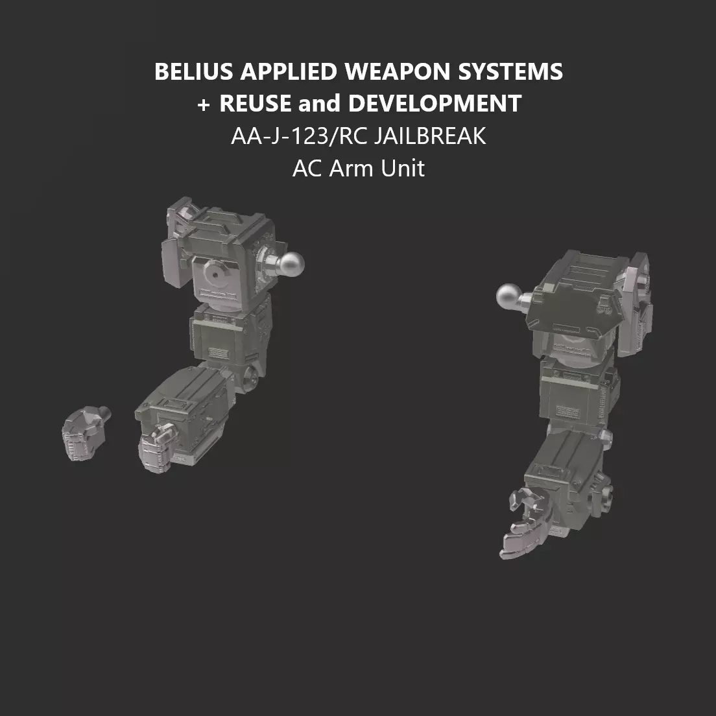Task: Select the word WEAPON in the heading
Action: pyautogui.click(x=399, y=71)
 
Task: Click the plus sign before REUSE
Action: pyautogui.click(x=204, y=104)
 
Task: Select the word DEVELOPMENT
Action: pyautogui.click(x=435, y=104)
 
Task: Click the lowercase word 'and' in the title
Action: pyautogui.click(x=320, y=104)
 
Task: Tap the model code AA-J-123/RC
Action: pyautogui.click(x=298, y=136)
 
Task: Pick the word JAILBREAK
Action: pyautogui.click(x=429, y=136)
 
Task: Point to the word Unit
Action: pyautogui.click(x=403, y=169)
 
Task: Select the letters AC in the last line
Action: pyautogui.click(x=307, y=169)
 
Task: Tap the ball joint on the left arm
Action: pyautogui.click(x=290, y=263)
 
